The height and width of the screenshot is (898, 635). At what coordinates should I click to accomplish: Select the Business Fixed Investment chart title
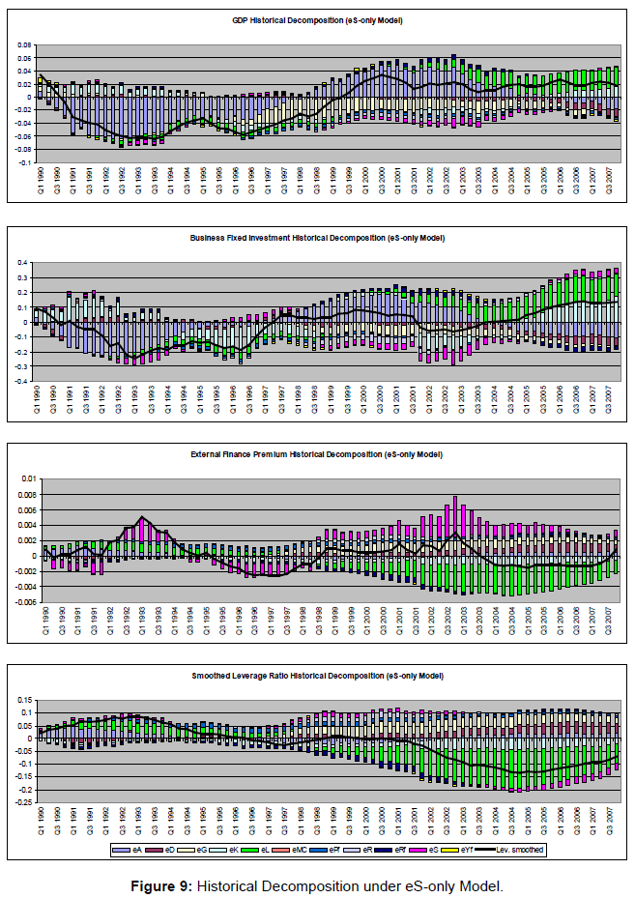point(318,237)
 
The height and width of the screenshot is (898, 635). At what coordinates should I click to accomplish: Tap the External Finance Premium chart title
point(318,453)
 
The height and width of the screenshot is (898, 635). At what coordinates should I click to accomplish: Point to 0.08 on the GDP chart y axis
point(25,44)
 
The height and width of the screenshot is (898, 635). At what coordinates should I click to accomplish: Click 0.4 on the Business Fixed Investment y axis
point(28,263)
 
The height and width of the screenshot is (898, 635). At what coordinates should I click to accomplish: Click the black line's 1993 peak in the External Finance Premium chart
point(142,517)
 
